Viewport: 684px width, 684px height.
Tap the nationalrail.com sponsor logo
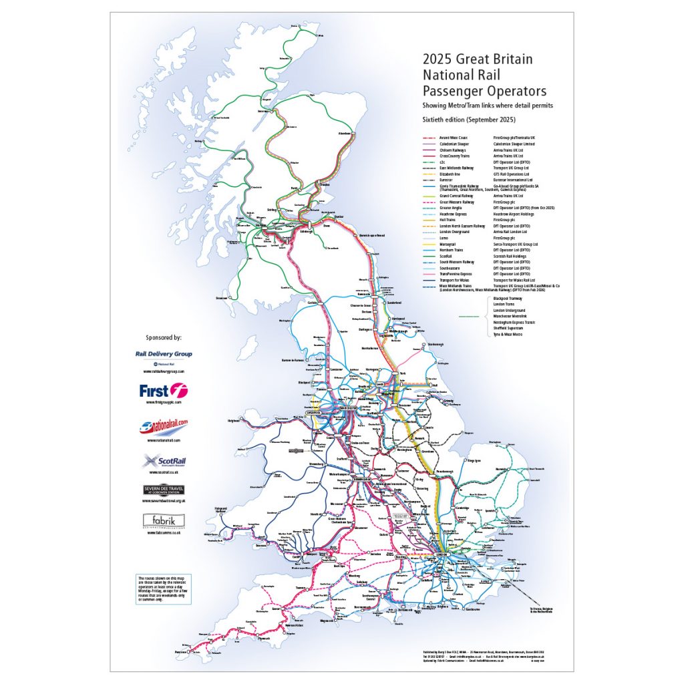[x=164, y=425]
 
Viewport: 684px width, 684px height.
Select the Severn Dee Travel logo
[x=164, y=491]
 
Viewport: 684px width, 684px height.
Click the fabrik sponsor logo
[x=164, y=520]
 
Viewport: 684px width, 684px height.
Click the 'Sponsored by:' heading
[x=164, y=338]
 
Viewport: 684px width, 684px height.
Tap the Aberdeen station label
[x=346, y=134]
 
